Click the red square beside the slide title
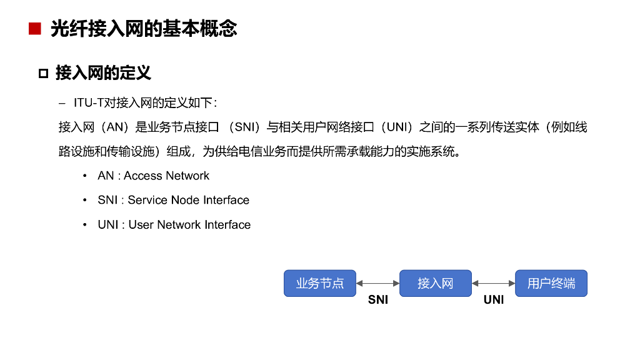(34, 29)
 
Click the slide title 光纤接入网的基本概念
(144, 29)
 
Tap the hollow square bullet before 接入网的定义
(43, 74)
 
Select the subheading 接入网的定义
(103, 73)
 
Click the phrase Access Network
(166, 176)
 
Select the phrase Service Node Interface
(188, 200)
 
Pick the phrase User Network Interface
(189, 224)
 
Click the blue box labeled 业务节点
(320, 283)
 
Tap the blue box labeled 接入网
(435, 283)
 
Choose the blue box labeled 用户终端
(551, 283)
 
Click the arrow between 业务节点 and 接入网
(377, 283)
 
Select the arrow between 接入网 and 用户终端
(493, 283)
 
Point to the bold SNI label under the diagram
(377, 300)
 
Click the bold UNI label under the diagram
(493, 300)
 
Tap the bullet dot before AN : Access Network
(84, 176)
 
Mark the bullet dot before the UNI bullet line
(84, 224)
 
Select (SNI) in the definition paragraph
(242, 127)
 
